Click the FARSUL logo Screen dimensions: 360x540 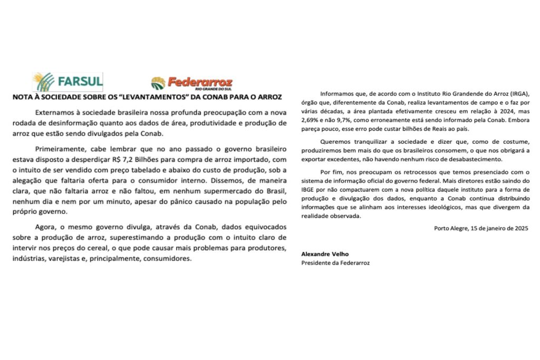pyautogui.click(x=67, y=82)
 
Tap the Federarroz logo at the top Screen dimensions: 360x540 pyautogui.click(x=191, y=83)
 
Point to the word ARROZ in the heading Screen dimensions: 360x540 pyautogui.click(x=267, y=97)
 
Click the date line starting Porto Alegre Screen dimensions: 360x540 pyautogui.click(x=480, y=229)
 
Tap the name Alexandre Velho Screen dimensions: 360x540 pyautogui.click(x=322, y=255)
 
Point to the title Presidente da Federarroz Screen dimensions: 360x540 pyautogui.click(x=335, y=263)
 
